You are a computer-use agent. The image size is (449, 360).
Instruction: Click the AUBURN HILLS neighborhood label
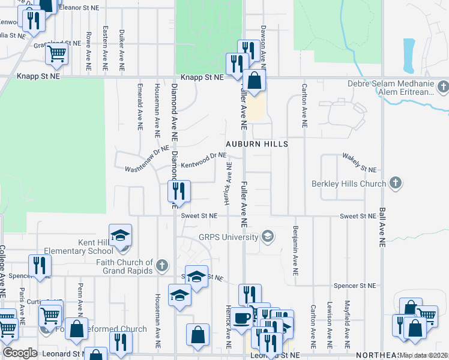[x=257, y=145]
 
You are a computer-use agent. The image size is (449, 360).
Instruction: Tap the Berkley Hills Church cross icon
[x=395, y=182]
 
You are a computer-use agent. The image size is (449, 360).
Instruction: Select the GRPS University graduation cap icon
[x=268, y=236]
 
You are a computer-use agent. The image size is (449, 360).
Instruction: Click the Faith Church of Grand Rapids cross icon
[x=161, y=265]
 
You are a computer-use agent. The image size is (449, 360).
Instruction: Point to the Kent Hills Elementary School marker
[x=120, y=235]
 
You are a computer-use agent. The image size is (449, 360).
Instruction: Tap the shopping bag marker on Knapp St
[x=255, y=80]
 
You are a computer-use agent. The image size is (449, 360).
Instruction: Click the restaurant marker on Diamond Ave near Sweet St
[x=179, y=192]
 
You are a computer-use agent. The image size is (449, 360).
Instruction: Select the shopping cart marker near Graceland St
[x=56, y=53]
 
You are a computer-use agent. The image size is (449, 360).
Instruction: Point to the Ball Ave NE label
[x=382, y=228]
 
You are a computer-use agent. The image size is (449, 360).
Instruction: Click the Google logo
[x=20, y=352]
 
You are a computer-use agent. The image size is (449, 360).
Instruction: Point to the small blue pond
[x=409, y=55]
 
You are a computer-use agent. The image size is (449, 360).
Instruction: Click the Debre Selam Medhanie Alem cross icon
[x=443, y=88]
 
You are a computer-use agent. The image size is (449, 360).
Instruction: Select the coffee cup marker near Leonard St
[x=243, y=319]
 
